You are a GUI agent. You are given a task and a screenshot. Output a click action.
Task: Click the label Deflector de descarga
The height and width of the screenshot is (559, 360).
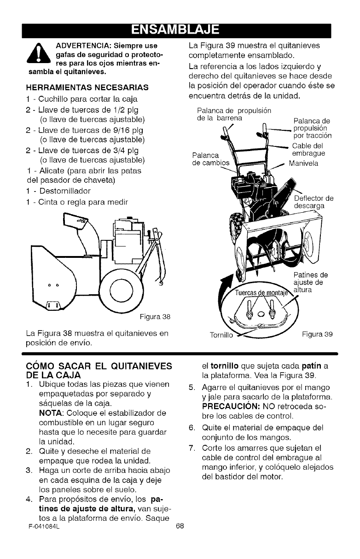tap(313, 202)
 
